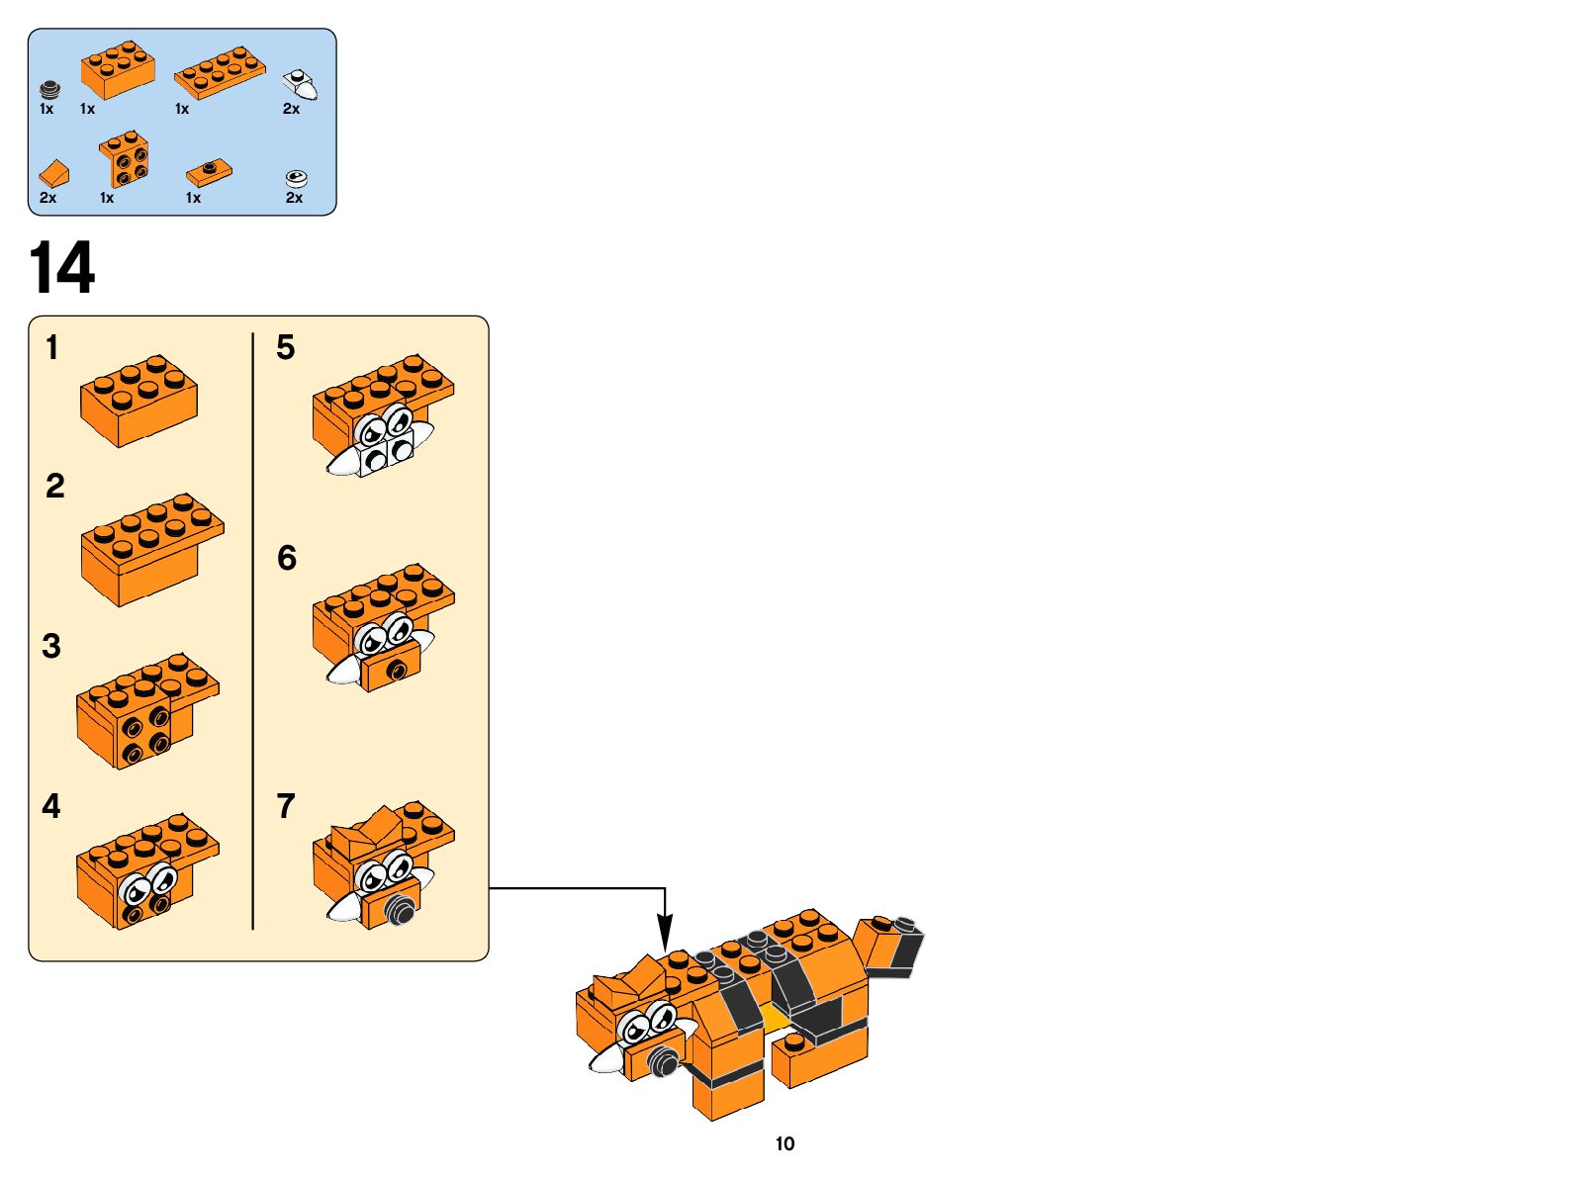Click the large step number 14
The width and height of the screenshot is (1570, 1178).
pyautogui.click(x=62, y=267)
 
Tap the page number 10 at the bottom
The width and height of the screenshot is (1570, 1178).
pyautogui.click(x=785, y=1143)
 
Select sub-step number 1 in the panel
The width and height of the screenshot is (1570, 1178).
pyautogui.click(x=51, y=347)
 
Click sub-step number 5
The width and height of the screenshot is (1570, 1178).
pyautogui.click(x=285, y=347)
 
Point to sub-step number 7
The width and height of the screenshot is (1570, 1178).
pyautogui.click(x=286, y=806)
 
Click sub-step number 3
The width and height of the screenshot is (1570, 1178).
pyautogui.click(x=51, y=646)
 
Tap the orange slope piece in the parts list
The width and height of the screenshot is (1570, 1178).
pyautogui.click(x=54, y=174)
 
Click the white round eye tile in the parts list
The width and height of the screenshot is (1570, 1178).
pyautogui.click(x=297, y=178)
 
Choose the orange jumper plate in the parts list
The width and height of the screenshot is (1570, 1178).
pyautogui.click(x=210, y=173)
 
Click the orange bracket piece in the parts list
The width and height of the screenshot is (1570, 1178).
pyautogui.click(x=125, y=159)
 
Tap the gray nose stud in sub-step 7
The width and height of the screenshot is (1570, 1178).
pyautogui.click(x=401, y=910)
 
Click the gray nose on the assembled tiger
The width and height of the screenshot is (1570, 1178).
pyautogui.click(x=663, y=1063)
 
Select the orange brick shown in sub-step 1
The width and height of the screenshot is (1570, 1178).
pyautogui.click(x=139, y=400)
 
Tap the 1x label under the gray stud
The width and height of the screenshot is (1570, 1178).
pyautogui.click(x=46, y=109)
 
